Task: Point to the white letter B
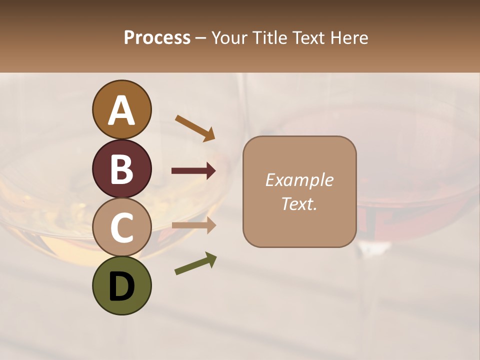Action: pos(122,169)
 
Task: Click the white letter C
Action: pos(122,227)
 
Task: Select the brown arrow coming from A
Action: pos(195,128)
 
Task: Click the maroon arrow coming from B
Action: pos(193,171)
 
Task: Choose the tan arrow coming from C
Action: pos(193,225)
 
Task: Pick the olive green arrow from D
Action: pos(195,263)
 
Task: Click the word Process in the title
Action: pos(157,38)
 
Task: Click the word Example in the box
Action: pos(299,180)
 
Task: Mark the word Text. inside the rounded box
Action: pos(299,203)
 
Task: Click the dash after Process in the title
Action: pos(201,38)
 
